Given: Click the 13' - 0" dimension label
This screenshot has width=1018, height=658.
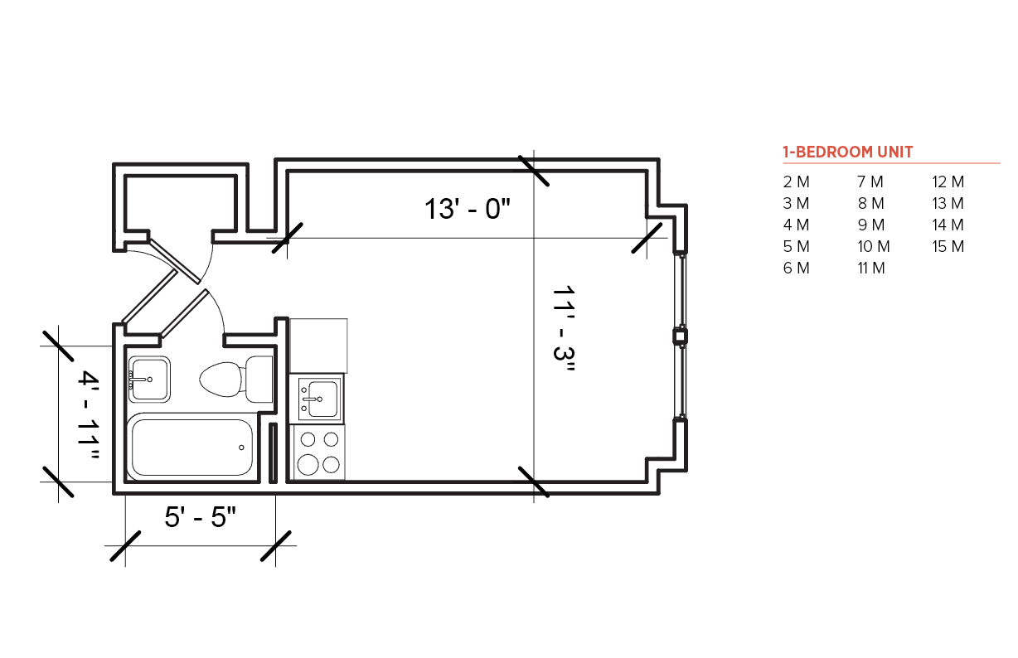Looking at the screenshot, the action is coord(468,209).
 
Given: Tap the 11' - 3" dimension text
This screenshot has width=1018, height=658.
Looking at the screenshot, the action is coord(564,330).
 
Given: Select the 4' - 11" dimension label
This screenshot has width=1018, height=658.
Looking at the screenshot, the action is coord(88,414).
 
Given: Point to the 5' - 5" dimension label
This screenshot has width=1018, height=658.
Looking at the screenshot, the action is coord(201,516).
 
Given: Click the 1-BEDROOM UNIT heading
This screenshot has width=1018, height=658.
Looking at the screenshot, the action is coord(847,152).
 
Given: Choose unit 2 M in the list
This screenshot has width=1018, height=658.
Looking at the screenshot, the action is coord(796,181).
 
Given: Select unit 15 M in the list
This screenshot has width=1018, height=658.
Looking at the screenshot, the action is coord(948,246).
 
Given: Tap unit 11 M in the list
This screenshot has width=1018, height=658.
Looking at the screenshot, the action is coord(871,269).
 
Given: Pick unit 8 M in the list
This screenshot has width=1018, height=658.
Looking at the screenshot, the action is coord(870,203).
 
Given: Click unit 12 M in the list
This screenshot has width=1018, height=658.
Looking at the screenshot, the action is coord(948,181).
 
